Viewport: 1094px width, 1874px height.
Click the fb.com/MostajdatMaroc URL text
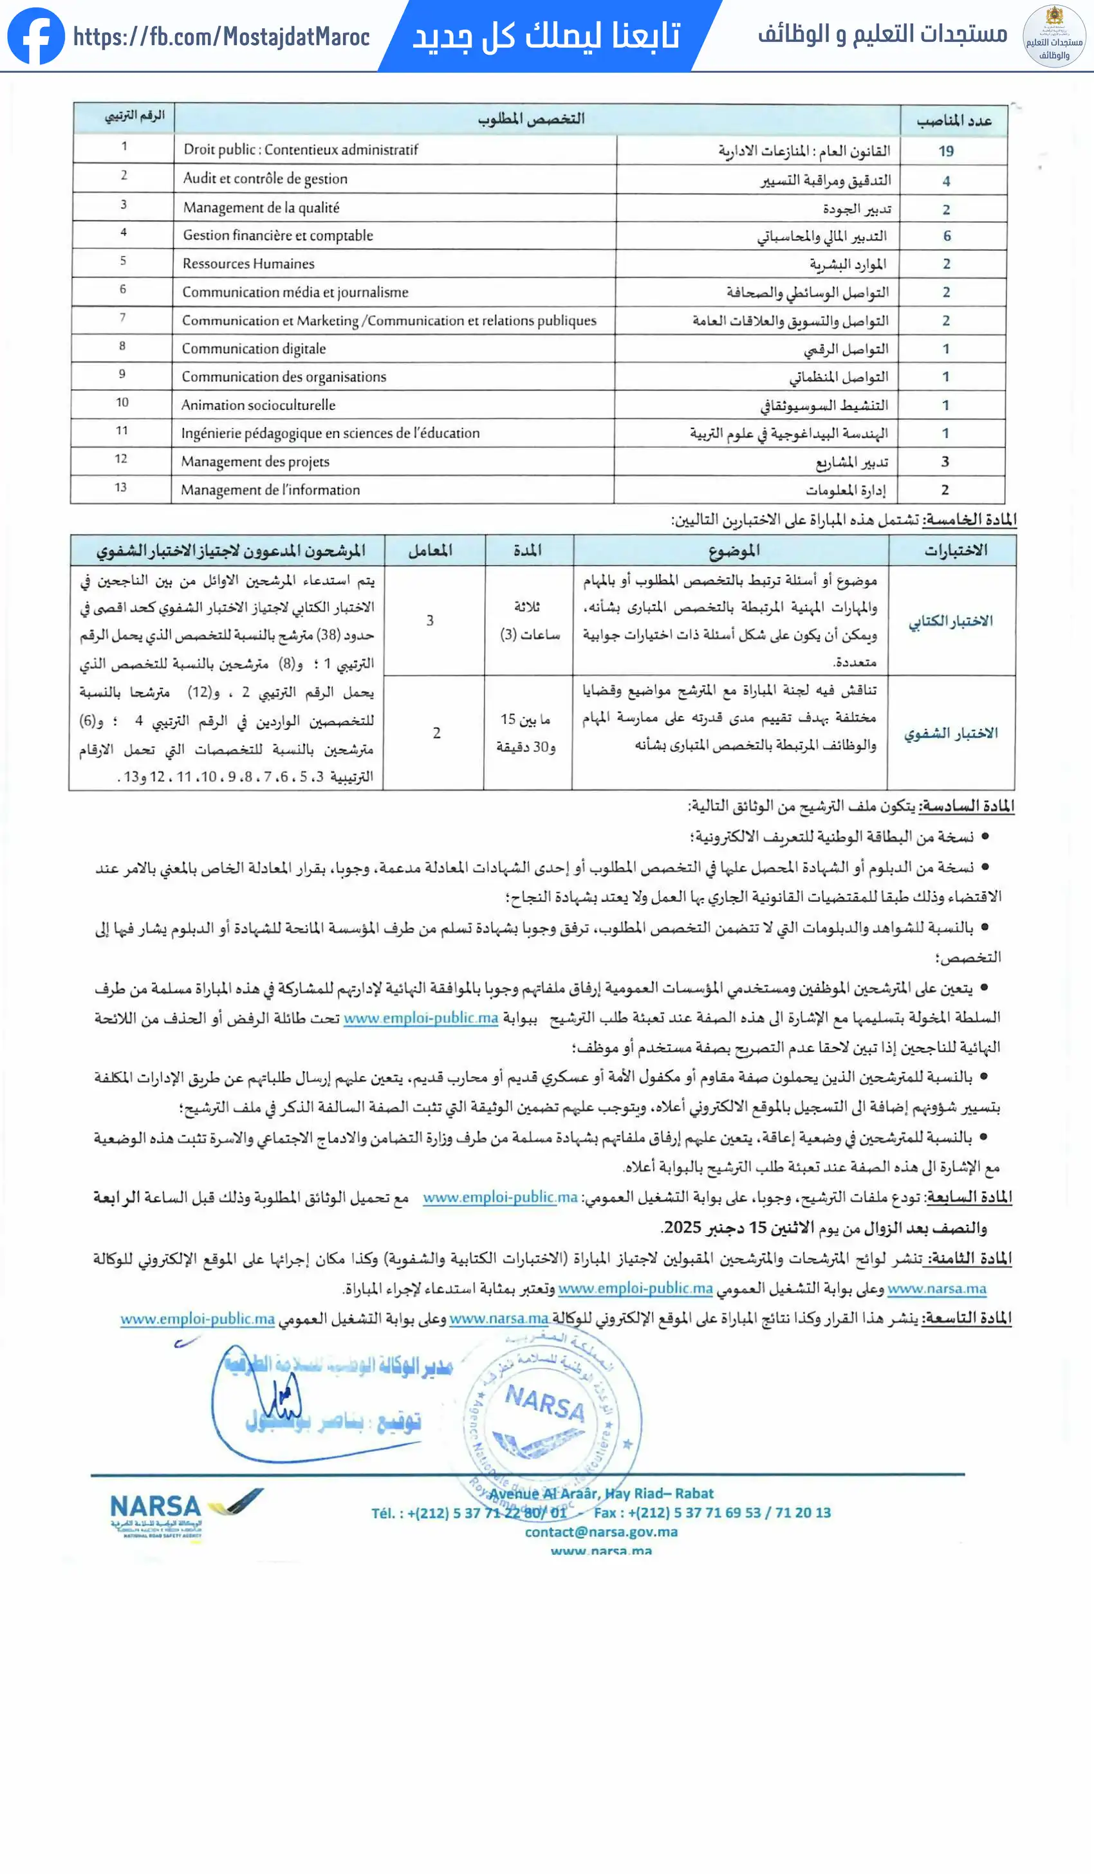point(221,37)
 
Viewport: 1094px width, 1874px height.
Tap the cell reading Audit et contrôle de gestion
point(264,178)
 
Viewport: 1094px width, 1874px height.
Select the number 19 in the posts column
point(945,151)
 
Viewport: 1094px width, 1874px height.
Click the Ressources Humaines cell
point(248,263)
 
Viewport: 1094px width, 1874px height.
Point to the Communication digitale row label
point(254,348)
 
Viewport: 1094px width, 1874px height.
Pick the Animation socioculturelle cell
point(258,405)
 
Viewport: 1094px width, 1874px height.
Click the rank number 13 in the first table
point(120,487)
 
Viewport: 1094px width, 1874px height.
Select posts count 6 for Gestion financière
point(947,235)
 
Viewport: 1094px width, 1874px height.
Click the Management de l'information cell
point(270,490)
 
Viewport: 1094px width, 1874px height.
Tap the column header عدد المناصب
point(954,120)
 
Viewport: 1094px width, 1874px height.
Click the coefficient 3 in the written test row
point(430,620)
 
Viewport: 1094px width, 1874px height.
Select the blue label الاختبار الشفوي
point(950,733)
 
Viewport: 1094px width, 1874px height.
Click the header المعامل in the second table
point(430,550)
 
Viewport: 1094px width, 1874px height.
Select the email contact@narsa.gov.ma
point(601,1531)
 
